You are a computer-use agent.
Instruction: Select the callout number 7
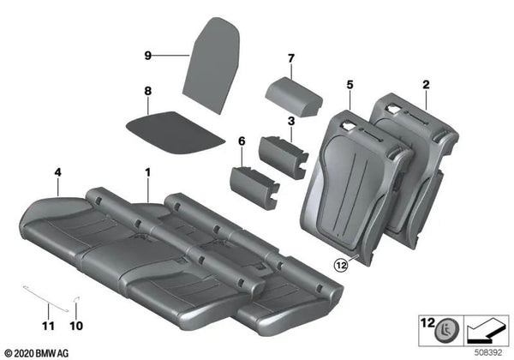(290, 58)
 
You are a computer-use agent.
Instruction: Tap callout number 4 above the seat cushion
(57, 172)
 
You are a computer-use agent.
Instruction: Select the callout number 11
(48, 325)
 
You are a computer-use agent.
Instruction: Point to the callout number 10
(77, 325)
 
